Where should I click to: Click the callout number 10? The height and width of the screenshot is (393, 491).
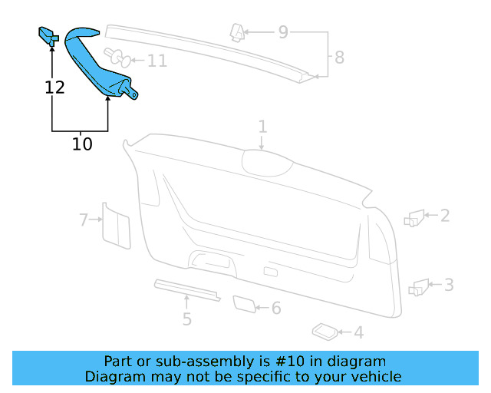tap(82, 143)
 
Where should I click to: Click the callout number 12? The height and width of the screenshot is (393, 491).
tap(54, 87)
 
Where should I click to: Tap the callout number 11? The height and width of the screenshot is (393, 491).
tap(157, 61)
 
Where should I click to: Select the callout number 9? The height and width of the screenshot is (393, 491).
tap(283, 32)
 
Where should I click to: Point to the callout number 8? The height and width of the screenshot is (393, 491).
tap(338, 56)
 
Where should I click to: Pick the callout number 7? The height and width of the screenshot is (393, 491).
tap(84, 220)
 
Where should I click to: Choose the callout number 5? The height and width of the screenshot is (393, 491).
tap(186, 319)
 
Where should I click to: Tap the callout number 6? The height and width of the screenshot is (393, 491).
tap(276, 309)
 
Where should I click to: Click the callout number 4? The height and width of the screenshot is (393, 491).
tap(358, 332)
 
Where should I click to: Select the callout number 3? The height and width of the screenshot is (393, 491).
tap(449, 286)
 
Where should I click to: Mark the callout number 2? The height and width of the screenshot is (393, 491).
tap(444, 216)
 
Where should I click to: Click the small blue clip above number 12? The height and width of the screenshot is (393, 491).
tap(47, 35)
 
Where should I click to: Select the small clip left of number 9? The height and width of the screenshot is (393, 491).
tap(238, 32)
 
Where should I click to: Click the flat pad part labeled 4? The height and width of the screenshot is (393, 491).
tap(325, 331)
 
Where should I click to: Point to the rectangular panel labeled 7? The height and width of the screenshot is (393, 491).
tap(116, 226)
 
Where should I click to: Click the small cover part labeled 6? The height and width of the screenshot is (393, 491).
tap(244, 304)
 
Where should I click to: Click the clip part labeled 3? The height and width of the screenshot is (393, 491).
tap(420, 288)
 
